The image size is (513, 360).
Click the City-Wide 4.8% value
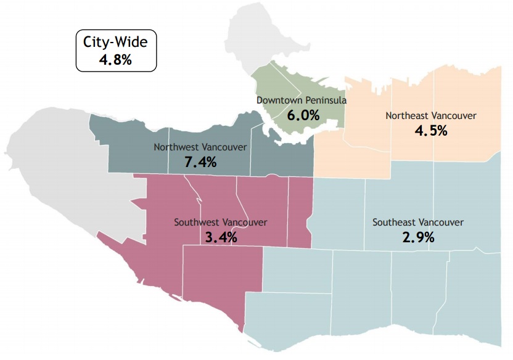pyautogui.click(x=115, y=60)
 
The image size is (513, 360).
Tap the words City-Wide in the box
pyautogui.click(x=115, y=43)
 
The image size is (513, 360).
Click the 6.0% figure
pyautogui.click(x=303, y=115)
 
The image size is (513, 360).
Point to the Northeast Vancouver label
pyautogui.click(x=431, y=115)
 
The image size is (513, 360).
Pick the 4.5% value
pyautogui.click(x=431, y=131)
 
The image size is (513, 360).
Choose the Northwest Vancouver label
pyautogui.click(x=200, y=147)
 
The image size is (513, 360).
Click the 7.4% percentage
pyautogui.click(x=200, y=162)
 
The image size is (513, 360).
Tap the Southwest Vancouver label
pyautogui.click(x=221, y=222)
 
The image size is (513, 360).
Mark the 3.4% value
pyautogui.click(x=221, y=237)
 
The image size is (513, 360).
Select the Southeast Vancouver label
pyautogui.click(x=418, y=222)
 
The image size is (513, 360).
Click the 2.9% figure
pyautogui.click(x=419, y=237)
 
